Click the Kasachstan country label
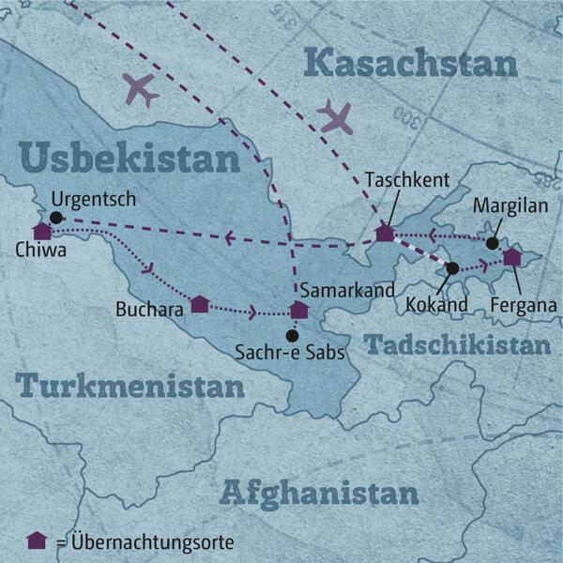tap(412, 64)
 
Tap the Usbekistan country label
tap(129, 158)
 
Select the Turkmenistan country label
tap(129, 386)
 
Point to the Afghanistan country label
tap(318, 493)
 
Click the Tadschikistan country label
tap(457, 345)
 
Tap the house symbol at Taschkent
tap(384, 233)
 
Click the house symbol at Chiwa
tap(41, 230)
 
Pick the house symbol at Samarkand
tap(298, 310)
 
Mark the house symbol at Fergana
tap(511, 256)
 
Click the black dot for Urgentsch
tap(56, 217)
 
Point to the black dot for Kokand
tap(452, 268)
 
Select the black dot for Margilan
tap(492, 243)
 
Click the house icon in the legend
tap(37, 540)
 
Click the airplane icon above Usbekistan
tap(141, 90)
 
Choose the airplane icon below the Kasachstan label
tap(334, 116)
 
